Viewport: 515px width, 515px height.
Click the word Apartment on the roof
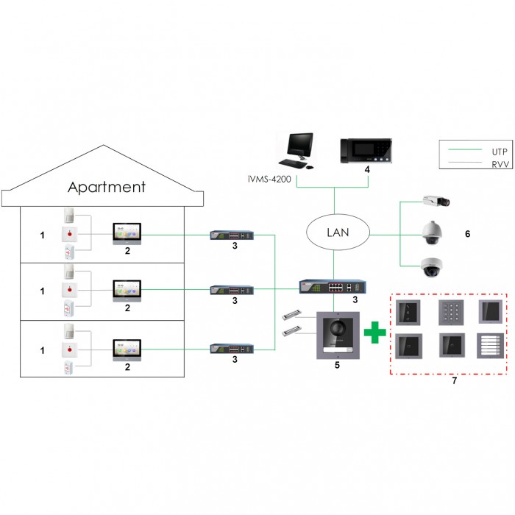[107, 187]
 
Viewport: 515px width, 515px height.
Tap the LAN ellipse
[335, 235]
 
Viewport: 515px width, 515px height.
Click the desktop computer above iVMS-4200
[298, 150]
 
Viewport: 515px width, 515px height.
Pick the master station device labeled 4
[365, 152]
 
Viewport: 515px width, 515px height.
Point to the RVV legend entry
[478, 165]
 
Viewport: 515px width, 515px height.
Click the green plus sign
[375, 331]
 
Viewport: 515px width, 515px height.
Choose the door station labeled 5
[335, 335]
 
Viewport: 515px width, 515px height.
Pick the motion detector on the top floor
[70, 214]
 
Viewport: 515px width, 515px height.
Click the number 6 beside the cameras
[467, 234]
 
